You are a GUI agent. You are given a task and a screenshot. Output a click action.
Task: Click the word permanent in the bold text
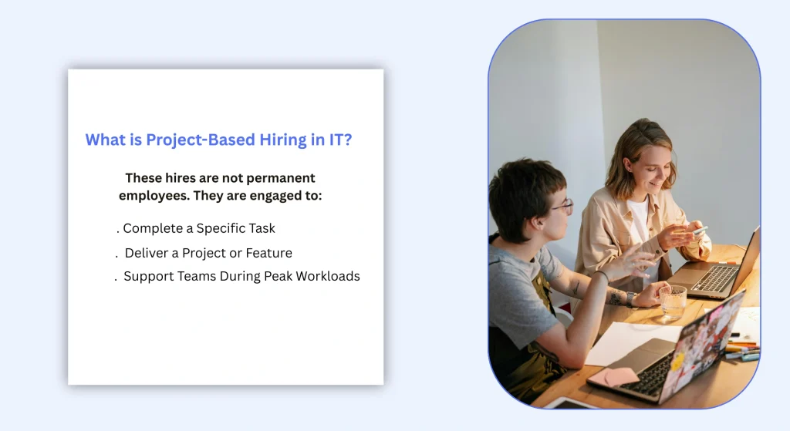pos(278,178)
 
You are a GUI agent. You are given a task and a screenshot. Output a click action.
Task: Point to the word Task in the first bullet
pos(260,228)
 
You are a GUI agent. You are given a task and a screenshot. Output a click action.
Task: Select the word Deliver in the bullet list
pos(147,253)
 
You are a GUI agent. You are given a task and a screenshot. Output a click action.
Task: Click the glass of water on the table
pos(672,301)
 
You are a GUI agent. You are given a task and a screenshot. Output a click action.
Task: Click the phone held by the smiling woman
pos(699,231)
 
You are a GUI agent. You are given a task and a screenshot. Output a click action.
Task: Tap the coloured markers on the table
pos(742,350)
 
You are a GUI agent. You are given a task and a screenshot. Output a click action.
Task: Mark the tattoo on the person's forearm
pos(615,297)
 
